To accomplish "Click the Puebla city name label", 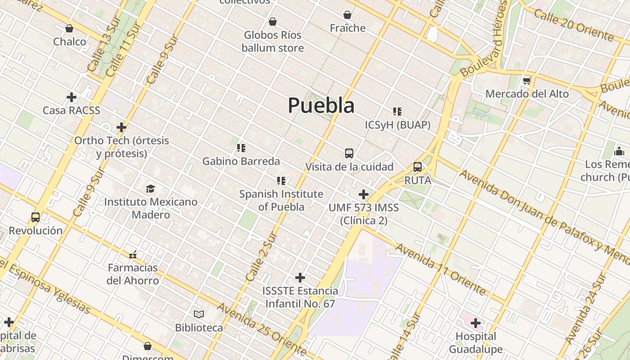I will (x=321, y=105).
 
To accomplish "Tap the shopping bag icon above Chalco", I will (x=69, y=29).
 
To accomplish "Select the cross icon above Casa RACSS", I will (x=71, y=97).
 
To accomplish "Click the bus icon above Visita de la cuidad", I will (x=349, y=153).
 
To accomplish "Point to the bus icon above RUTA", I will (x=418, y=167).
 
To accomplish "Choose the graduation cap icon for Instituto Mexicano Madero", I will (x=150, y=189).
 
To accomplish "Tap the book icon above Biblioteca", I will (x=199, y=314).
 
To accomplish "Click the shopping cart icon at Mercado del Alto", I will (x=527, y=81).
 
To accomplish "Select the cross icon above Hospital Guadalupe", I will (x=476, y=323).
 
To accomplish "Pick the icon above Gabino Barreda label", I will (x=241, y=148).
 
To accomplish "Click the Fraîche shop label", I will (x=347, y=28).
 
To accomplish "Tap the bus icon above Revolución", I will (x=36, y=217).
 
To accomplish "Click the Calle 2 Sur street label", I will (x=261, y=256).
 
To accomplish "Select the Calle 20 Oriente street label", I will (x=573, y=25).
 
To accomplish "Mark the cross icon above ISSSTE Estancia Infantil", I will (x=300, y=278).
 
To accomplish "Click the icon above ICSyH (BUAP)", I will (x=397, y=112).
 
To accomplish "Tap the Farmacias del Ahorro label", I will (x=133, y=274).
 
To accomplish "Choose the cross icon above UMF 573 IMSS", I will (x=364, y=194).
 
